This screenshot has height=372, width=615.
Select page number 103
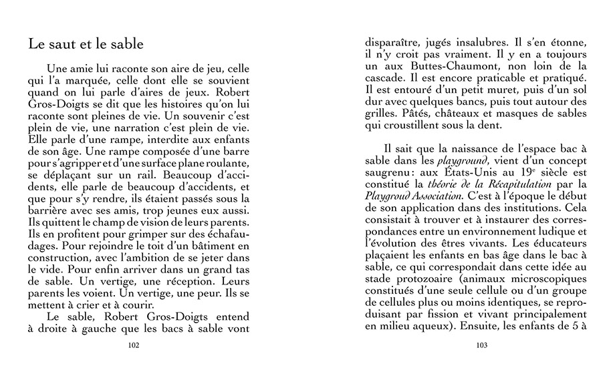481,345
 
